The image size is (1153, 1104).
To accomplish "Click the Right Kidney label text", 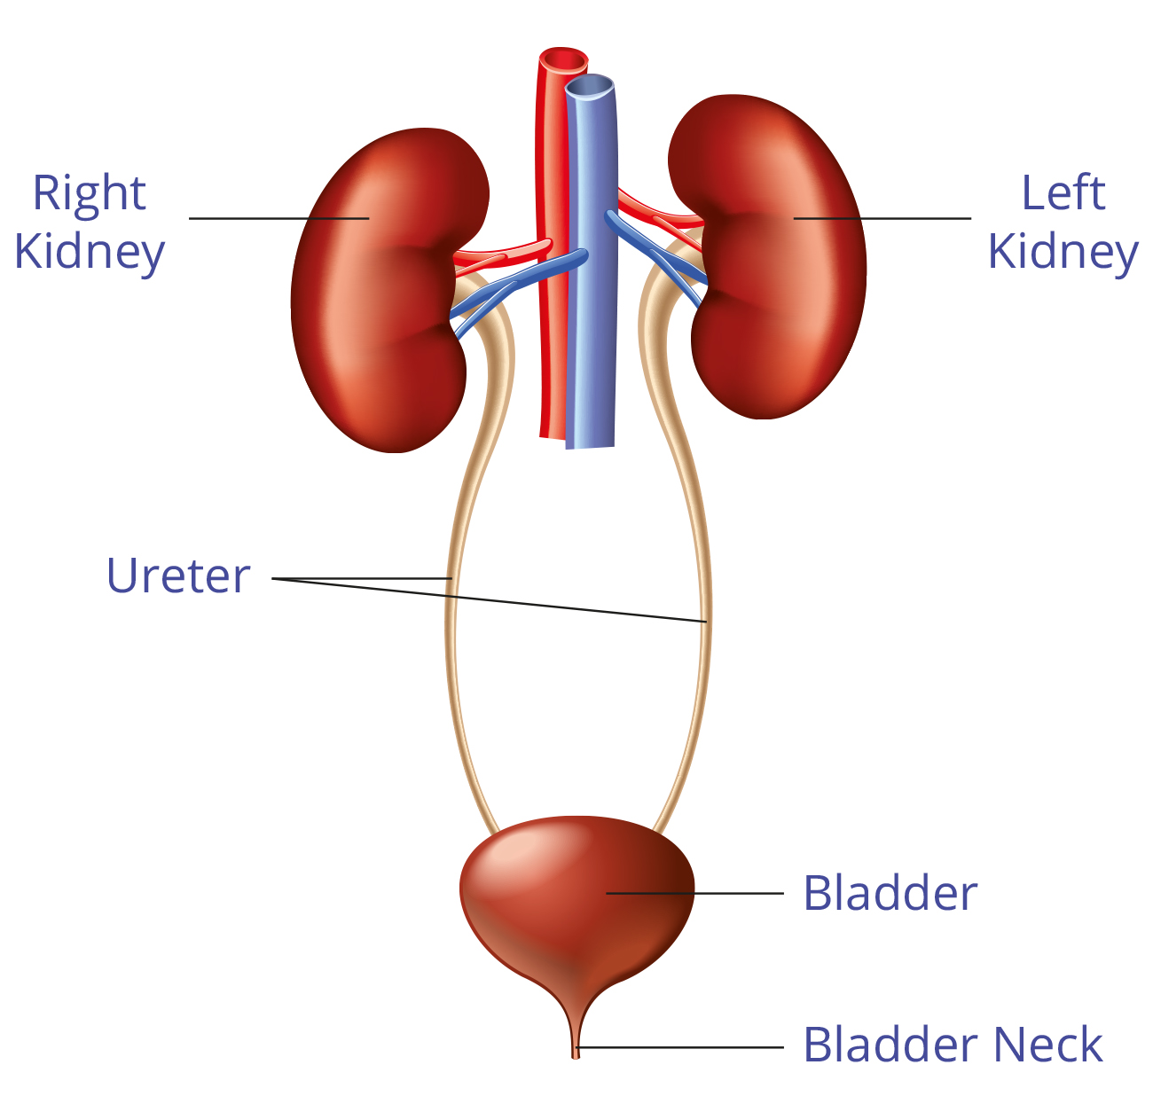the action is [x=89, y=222].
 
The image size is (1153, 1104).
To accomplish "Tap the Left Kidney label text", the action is [x=1063, y=222].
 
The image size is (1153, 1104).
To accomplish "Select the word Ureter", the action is [x=178, y=575].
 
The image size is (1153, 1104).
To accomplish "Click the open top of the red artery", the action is [x=563, y=60].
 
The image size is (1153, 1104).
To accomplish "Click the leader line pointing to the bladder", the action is [x=694, y=893].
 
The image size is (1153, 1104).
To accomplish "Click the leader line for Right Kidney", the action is [x=279, y=218].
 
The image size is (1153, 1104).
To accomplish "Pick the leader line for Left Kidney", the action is [x=882, y=218].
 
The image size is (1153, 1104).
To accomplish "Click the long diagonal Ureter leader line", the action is [x=490, y=600].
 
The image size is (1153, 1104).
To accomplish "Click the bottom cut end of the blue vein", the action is [x=590, y=448].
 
